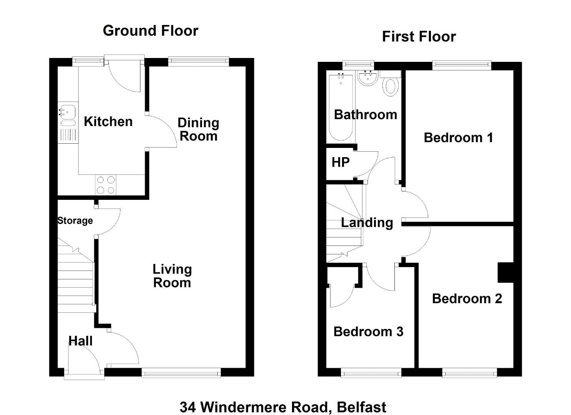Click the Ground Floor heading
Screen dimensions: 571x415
pyautogui.click(x=150, y=31)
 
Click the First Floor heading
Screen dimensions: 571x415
pyautogui.click(x=419, y=37)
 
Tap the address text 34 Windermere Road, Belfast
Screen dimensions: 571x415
pyautogui.click(x=283, y=407)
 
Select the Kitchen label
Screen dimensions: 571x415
pyautogui.click(x=108, y=121)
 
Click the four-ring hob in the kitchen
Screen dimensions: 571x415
pyautogui.click(x=105, y=185)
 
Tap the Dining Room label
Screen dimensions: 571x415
pyautogui.click(x=198, y=129)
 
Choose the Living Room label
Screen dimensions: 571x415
pyautogui.click(x=172, y=276)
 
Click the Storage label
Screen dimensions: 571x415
pyautogui.click(x=75, y=221)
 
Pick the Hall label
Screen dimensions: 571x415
pyautogui.click(x=80, y=341)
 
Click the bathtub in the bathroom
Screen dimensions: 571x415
pyautogui.click(x=341, y=107)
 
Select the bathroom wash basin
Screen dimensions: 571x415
pyautogui.click(x=368, y=78)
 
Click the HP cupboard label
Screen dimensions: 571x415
pyautogui.click(x=341, y=162)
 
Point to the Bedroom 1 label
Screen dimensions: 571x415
pyautogui.click(x=458, y=138)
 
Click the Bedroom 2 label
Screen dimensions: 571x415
pyautogui.click(x=467, y=299)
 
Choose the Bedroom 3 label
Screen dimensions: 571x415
pyautogui.click(x=368, y=332)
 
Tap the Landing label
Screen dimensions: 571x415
pyautogui.click(x=367, y=223)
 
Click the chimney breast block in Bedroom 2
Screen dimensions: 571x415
pyautogui.click(x=506, y=272)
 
